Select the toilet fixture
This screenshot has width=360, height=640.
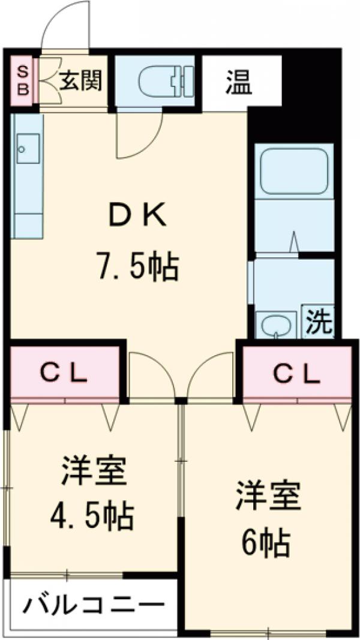(x=162, y=81)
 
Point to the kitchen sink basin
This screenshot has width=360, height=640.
(x=28, y=148)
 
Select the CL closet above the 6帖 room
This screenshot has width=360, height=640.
(x=296, y=374)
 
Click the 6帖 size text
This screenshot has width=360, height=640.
(x=266, y=542)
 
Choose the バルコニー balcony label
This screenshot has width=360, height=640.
(x=94, y=606)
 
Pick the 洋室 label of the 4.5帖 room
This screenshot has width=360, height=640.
(x=93, y=471)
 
